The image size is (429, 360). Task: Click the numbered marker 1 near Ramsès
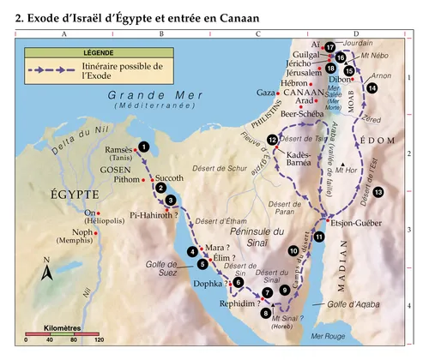[143, 147]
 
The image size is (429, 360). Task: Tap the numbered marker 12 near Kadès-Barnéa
[272, 140]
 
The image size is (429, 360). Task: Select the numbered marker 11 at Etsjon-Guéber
[319, 237]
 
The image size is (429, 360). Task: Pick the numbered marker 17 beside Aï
[329, 48]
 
